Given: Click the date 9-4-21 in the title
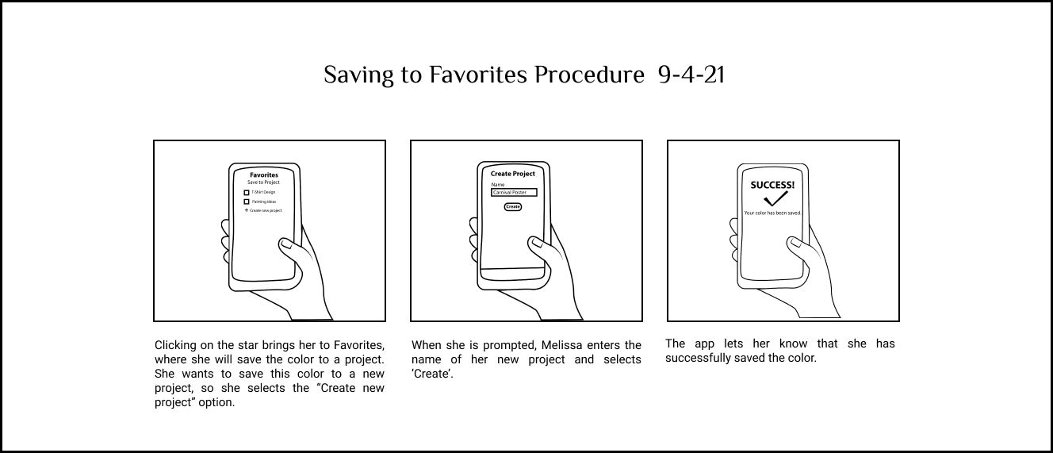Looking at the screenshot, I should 691,75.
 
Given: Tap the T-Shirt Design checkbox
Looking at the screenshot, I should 247,193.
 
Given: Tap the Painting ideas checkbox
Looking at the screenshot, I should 247,202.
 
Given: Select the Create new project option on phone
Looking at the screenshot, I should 264,211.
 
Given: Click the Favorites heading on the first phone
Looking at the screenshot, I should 263,175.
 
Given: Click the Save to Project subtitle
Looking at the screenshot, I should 263,182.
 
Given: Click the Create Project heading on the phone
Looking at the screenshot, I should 512,174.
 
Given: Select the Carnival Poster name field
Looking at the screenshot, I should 514,193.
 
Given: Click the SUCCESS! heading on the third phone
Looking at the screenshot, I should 772,185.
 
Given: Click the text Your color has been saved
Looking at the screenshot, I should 772,213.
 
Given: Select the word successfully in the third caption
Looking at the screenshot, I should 696,359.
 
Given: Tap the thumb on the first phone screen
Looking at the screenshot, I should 286,247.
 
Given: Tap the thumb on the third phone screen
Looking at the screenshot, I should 794,246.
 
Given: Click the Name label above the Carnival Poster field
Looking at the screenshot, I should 497,185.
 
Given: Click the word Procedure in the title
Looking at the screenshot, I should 588,75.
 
